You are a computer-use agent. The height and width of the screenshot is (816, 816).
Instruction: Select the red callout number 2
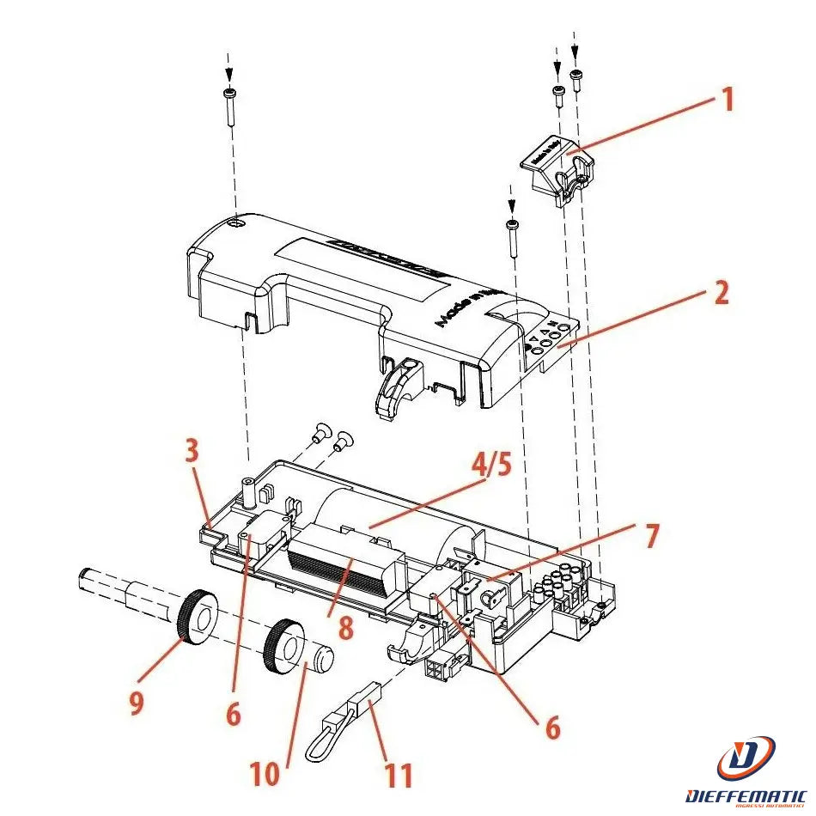[721, 294]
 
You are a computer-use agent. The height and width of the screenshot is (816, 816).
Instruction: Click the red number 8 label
[345, 626]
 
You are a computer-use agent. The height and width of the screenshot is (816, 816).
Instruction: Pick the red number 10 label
[265, 774]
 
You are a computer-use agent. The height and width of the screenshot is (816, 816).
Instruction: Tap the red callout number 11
[397, 775]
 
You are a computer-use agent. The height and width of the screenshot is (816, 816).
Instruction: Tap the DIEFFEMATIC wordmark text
[746, 796]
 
